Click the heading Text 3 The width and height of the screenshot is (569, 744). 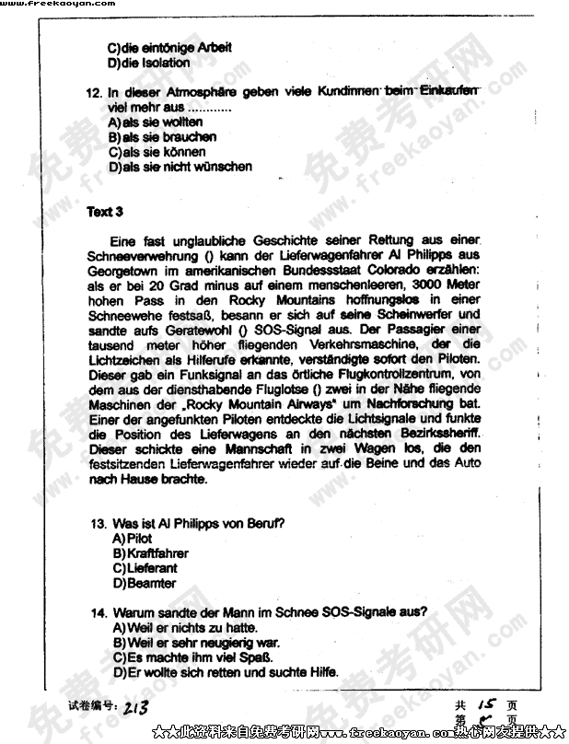click(105, 212)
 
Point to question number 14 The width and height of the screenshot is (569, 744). click(97, 611)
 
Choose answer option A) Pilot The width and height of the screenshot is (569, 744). click(132, 538)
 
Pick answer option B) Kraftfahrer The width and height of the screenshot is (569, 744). click(150, 553)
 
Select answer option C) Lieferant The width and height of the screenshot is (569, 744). click(145, 568)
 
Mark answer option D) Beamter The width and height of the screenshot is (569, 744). click(144, 583)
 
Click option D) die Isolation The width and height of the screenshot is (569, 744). click(148, 63)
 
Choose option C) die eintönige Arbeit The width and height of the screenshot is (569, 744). click(156, 47)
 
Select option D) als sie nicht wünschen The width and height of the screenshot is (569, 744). click(180, 167)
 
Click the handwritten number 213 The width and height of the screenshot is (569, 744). click(135, 707)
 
